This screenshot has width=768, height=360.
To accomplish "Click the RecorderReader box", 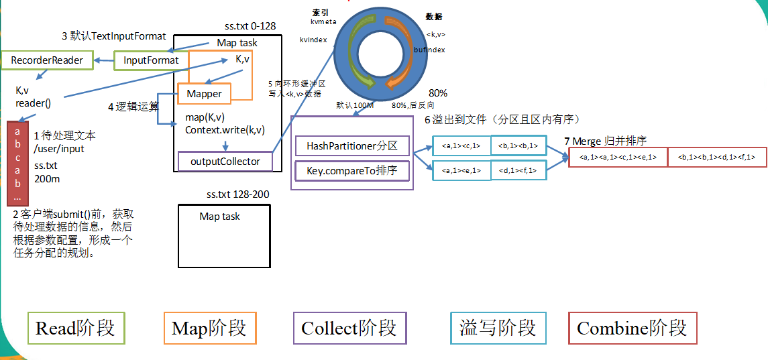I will pos(46,60).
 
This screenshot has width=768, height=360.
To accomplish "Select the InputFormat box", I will pos(151,60).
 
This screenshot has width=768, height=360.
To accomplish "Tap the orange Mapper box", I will pos(204,94).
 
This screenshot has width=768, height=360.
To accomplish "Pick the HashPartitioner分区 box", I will pos(352,145).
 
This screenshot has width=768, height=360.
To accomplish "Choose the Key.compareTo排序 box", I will pos(352,170).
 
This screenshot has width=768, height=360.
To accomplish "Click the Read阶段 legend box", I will pos(75,328).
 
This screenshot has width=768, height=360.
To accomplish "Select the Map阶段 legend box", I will pos(209,328).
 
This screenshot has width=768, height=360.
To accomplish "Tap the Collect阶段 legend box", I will pos(349,328).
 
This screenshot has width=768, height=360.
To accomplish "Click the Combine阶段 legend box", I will pos(632,328).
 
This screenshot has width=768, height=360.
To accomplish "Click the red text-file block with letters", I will pos(17,163).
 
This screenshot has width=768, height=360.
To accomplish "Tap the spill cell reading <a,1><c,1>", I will pos(461,145).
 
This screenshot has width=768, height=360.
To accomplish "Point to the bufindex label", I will pos(430,50).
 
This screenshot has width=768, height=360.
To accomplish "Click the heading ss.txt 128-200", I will pos(238,194).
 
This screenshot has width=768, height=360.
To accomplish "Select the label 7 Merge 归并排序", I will pos(606,141).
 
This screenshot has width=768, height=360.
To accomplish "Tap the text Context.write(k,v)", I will pos(225,129).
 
